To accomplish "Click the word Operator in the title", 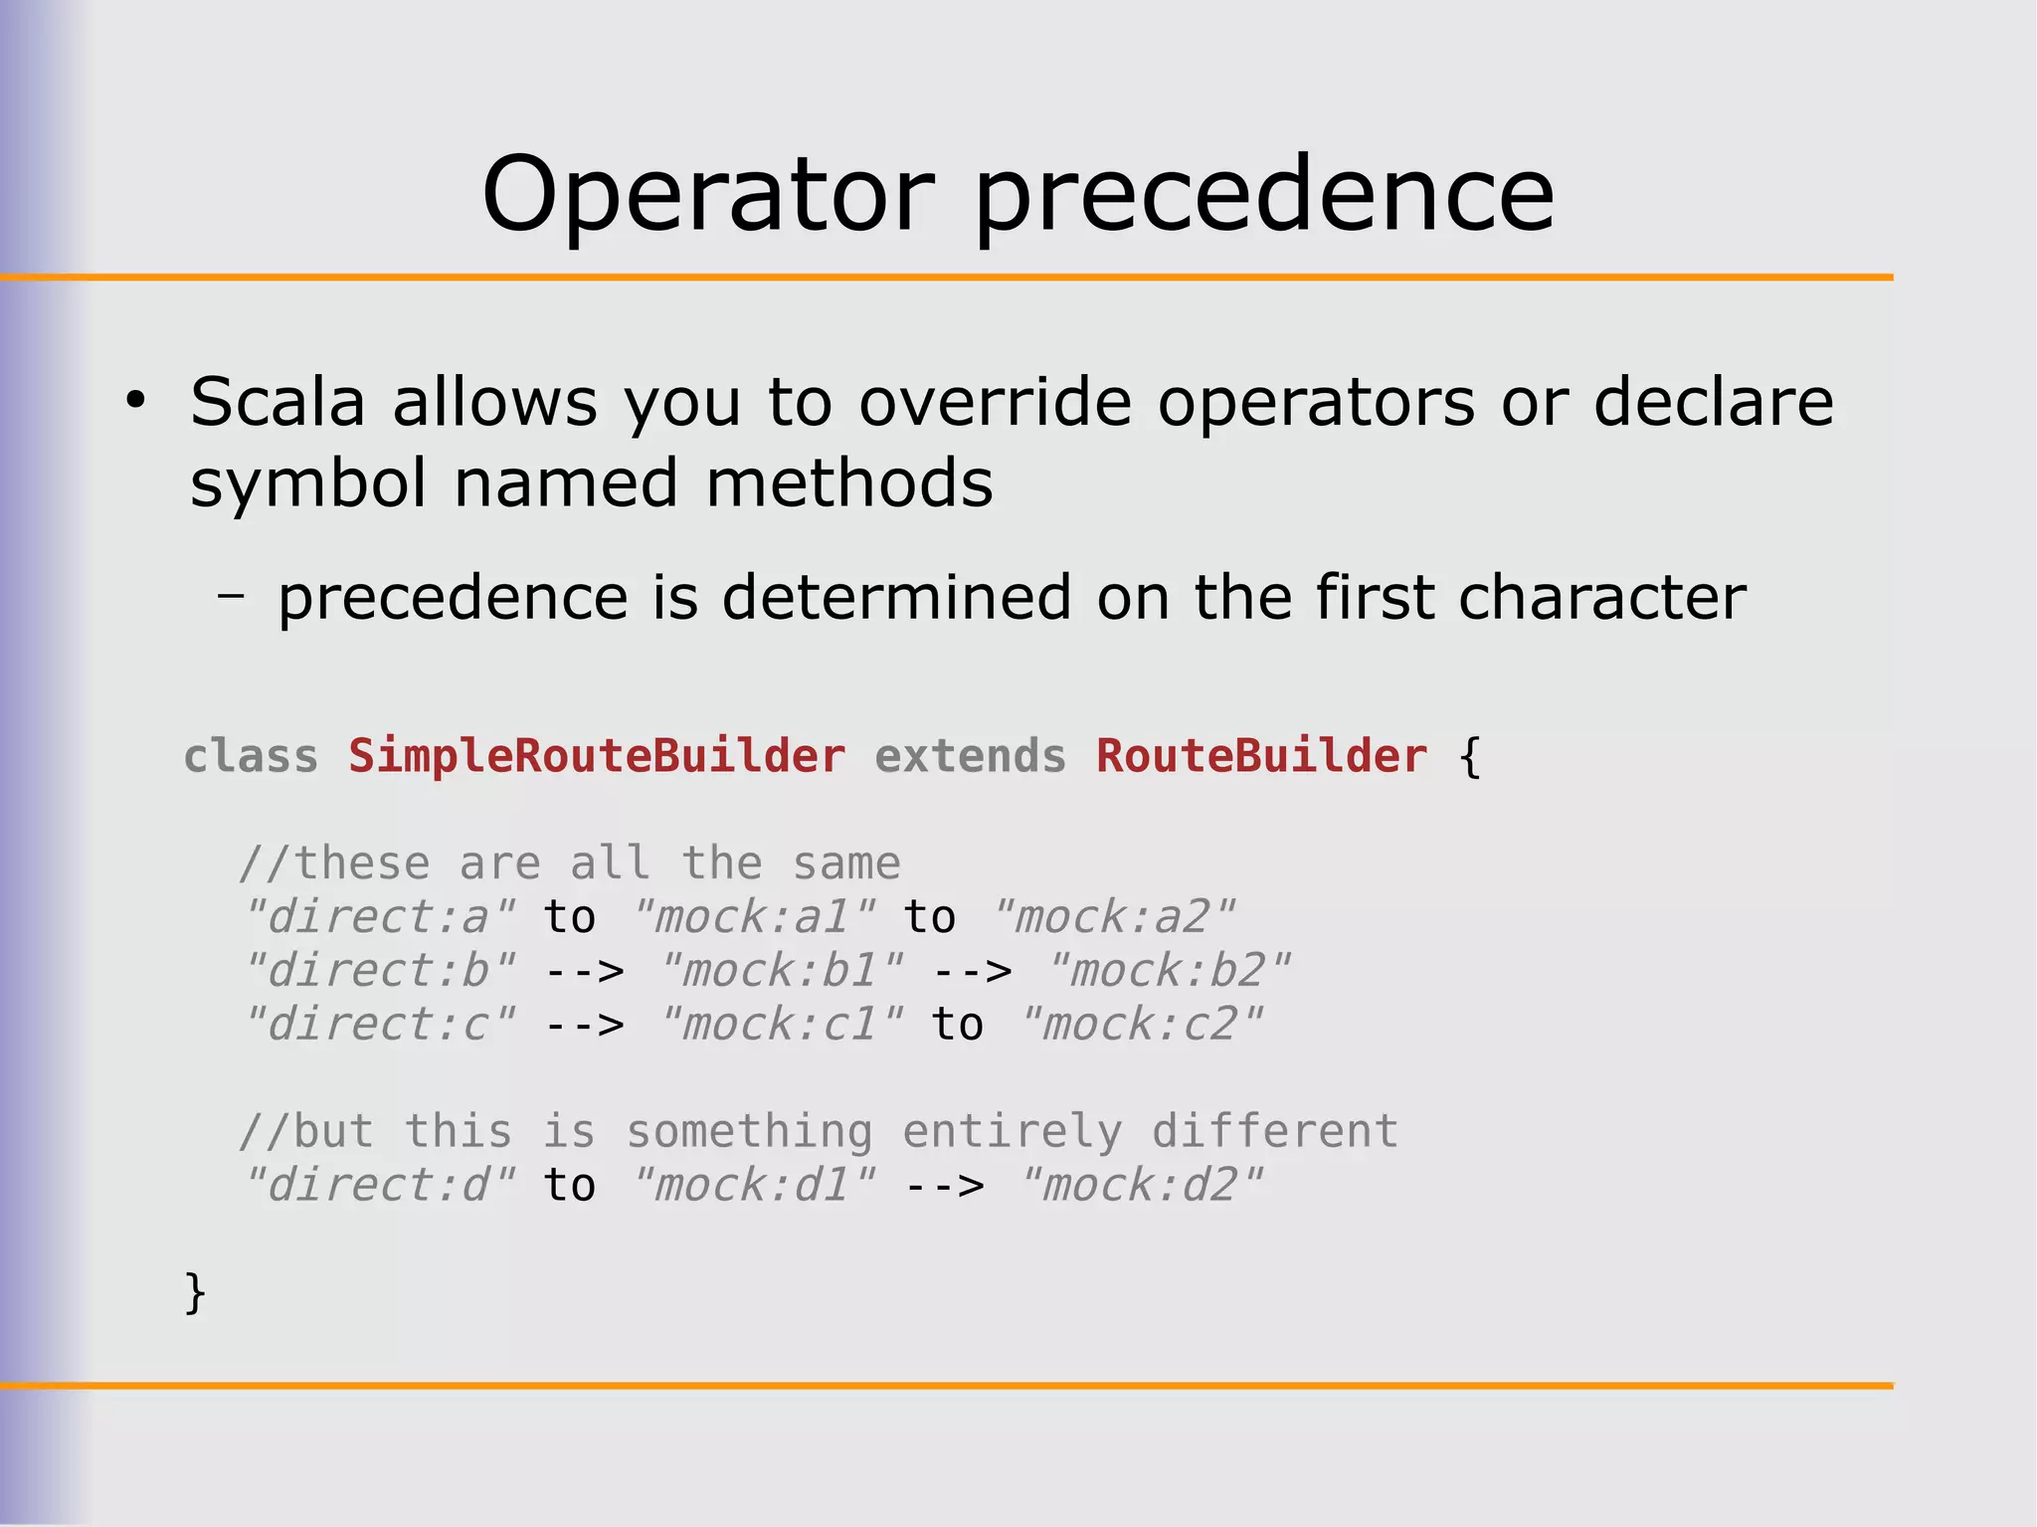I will (707, 196).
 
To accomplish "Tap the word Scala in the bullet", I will (278, 403).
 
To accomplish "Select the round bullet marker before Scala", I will (136, 402).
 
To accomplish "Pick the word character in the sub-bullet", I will (1601, 598).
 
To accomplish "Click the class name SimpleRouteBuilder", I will (597, 756).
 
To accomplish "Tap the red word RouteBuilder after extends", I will (1261, 756).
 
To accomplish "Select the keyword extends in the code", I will (970, 756).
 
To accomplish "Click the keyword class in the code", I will (251, 756).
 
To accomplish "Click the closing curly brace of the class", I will (195, 1293).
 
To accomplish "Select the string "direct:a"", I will (380, 917).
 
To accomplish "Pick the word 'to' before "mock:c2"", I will (958, 1025).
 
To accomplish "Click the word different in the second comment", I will (1274, 1132).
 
